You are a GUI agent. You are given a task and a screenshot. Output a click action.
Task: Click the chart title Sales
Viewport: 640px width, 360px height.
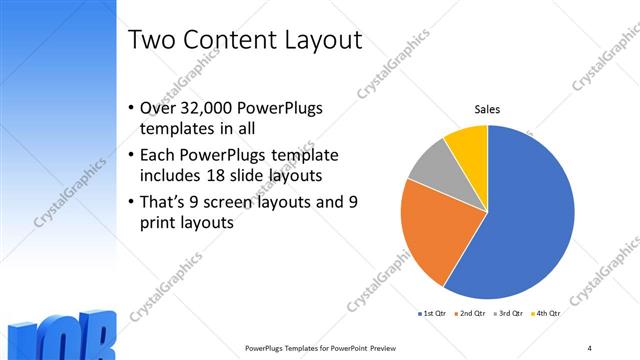(x=487, y=110)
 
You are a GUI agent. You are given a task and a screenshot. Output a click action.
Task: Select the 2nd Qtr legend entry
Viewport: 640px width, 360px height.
(x=472, y=314)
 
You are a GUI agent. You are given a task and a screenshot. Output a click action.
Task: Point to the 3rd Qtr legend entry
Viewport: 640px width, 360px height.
(x=509, y=314)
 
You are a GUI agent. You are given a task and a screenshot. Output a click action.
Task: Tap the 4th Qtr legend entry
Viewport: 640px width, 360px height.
(x=545, y=314)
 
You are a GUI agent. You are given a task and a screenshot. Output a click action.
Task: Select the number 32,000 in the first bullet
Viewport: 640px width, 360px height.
(x=207, y=108)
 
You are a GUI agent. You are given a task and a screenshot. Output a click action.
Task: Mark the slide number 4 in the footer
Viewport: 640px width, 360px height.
(x=589, y=347)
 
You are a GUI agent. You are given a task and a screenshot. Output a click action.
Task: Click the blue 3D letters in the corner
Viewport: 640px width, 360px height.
(x=60, y=338)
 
